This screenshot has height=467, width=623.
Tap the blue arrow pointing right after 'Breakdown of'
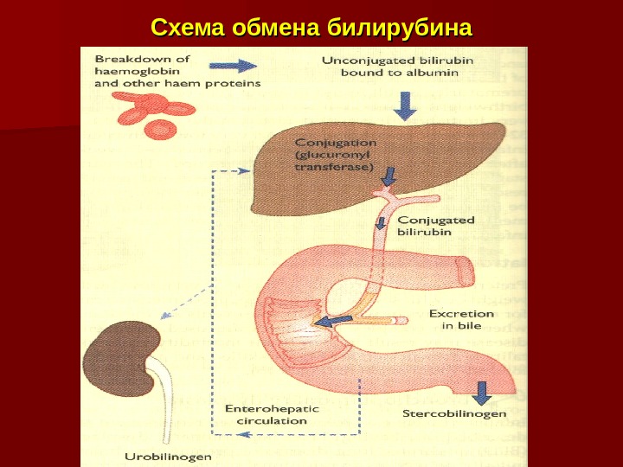[234, 66]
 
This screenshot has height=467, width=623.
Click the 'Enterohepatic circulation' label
[272, 414]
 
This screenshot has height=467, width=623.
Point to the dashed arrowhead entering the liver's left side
[246, 172]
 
